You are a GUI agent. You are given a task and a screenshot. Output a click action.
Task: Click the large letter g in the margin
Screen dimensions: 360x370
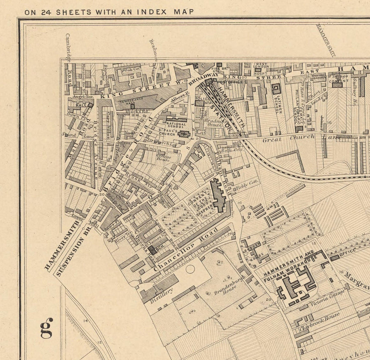(x=46, y=328)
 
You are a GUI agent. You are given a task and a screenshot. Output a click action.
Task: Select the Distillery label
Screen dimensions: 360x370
(x=160, y=295)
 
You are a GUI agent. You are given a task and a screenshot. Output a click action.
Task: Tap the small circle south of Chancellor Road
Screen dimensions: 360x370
(x=190, y=269)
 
